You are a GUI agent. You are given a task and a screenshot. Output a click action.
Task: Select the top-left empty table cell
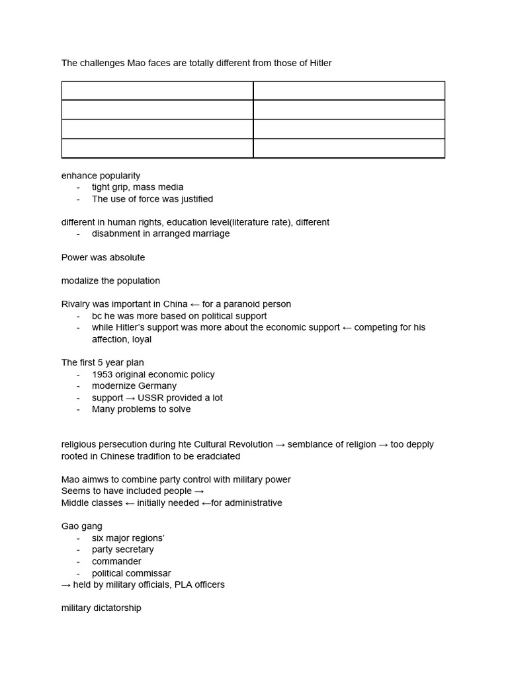click(157, 91)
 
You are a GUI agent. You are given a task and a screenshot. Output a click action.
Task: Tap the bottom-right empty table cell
click(349, 149)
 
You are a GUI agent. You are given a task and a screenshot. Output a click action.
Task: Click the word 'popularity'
click(120, 176)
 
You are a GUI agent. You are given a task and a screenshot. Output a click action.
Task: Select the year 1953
click(103, 374)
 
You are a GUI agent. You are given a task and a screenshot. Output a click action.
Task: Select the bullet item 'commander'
click(116, 561)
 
